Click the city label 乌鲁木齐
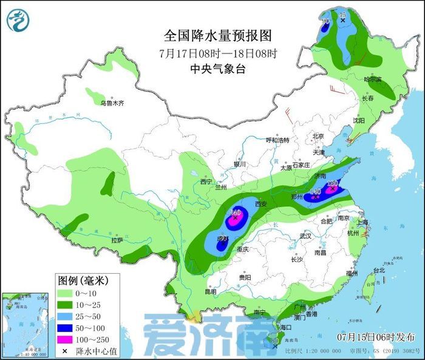(112, 104)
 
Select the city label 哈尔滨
(372, 80)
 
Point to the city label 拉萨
(117, 240)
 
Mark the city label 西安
(261, 204)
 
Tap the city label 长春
(368, 98)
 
